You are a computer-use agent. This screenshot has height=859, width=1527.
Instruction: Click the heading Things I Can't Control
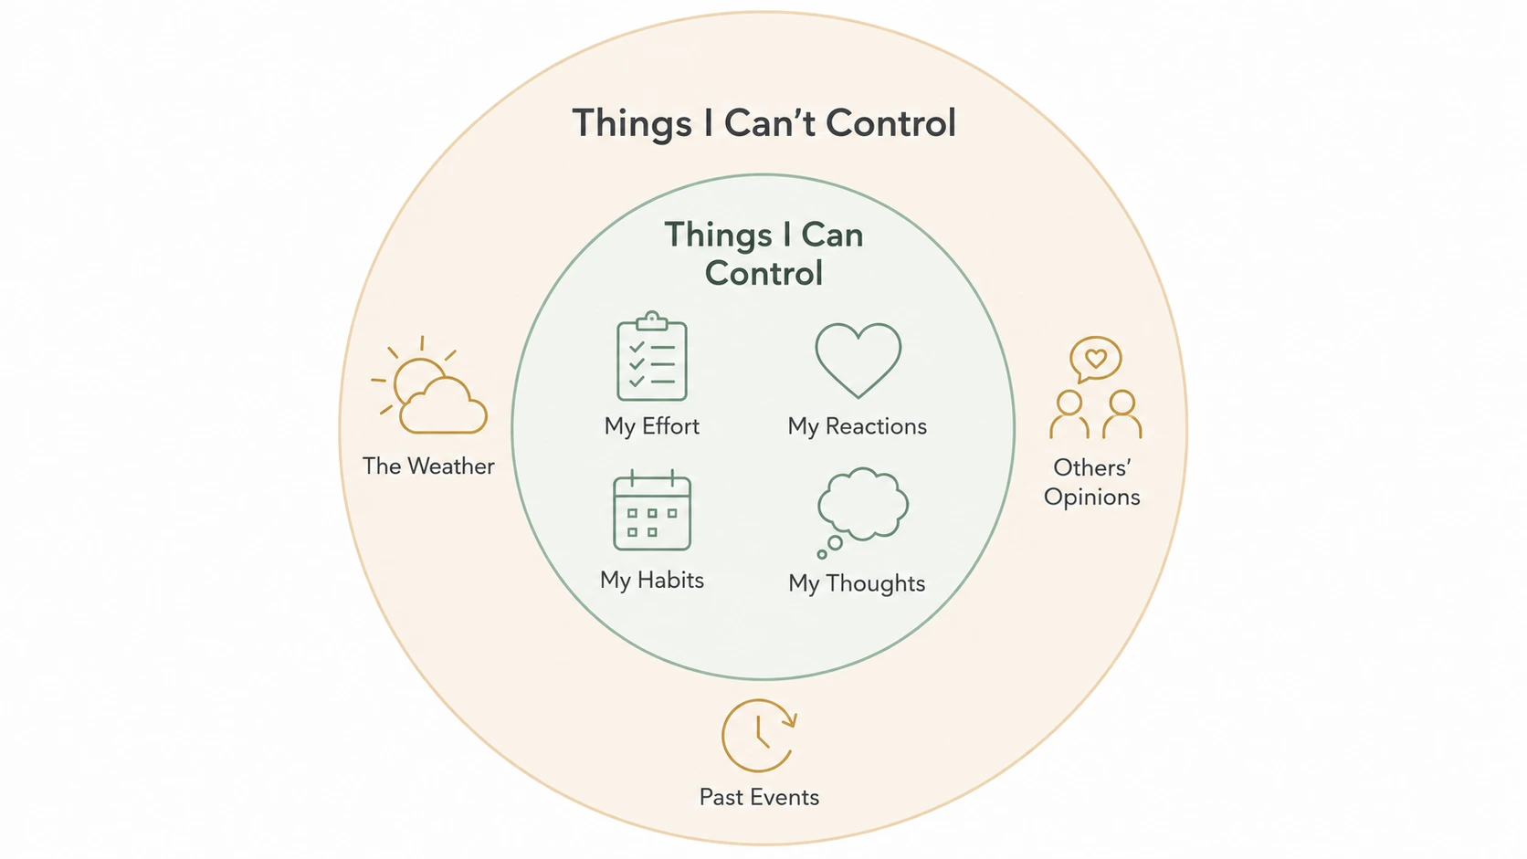click(x=763, y=124)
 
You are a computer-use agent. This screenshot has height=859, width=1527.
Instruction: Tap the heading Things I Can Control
click(x=764, y=254)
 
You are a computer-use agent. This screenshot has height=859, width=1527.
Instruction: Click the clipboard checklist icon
click(x=652, y=356)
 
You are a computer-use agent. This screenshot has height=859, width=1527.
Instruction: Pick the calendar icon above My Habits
click(x=652, y=510)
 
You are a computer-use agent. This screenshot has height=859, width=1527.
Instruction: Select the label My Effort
click(x=652, y=426)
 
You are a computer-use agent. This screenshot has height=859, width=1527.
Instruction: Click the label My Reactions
click(x=857, y=426)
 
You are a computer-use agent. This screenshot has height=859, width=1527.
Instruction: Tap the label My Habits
click(x=652, y=581)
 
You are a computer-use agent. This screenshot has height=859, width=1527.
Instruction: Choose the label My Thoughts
click(x=857, y=584)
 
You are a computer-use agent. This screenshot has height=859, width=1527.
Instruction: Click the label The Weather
click(x=428, y=466)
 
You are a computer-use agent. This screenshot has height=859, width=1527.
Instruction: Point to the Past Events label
click(x=760, y=797)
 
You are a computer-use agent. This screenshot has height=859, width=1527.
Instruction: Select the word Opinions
click(x=1092, y=498)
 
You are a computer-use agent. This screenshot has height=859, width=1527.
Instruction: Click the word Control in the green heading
click(x=764, y=273)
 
